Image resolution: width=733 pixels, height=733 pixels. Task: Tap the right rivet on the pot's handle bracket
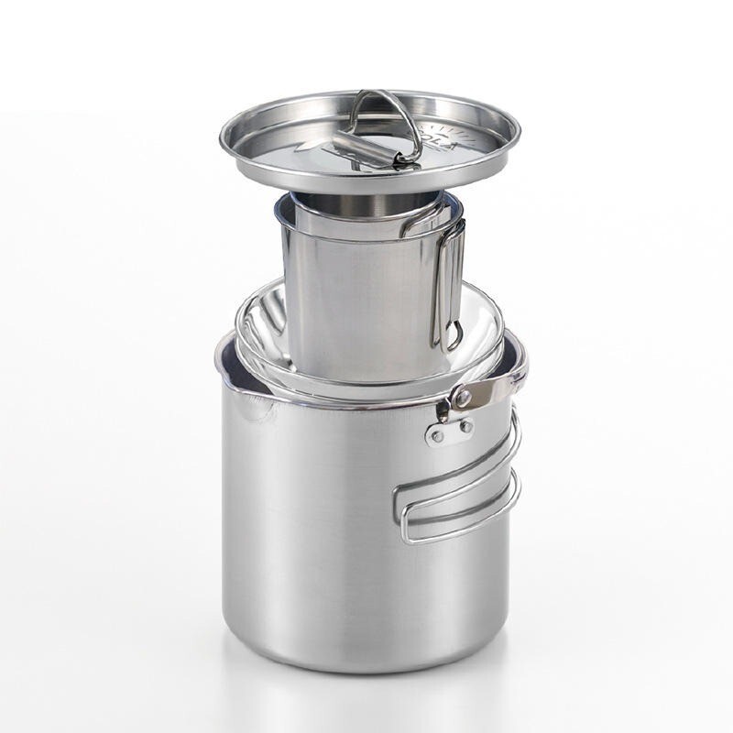pos(465,425)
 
